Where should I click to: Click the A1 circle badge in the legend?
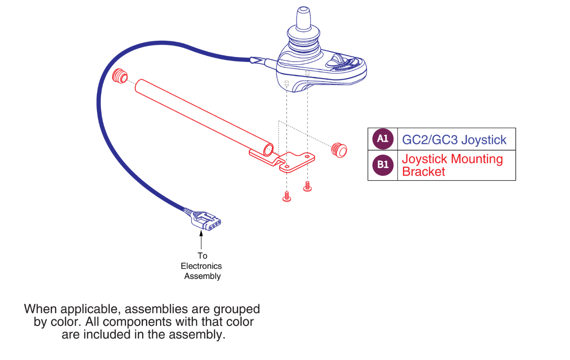point(383,139)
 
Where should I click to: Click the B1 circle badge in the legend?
point(383,165)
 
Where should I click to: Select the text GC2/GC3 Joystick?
point(454,140)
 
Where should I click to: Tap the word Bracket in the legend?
point(423,172)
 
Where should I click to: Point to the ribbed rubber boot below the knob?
point(303,40)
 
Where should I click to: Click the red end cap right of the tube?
point(339,150)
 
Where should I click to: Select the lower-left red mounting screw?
point(287,197)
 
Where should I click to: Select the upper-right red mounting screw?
point(308,186)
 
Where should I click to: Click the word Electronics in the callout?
point(201,266)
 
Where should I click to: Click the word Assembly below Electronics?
point(202,276)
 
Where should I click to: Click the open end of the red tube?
point(269,150)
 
